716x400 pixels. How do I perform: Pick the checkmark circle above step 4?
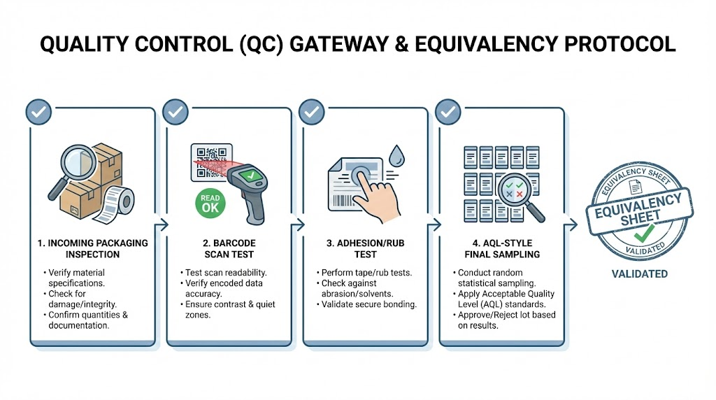[448, 112]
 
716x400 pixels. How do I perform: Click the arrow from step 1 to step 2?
[163, 224]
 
